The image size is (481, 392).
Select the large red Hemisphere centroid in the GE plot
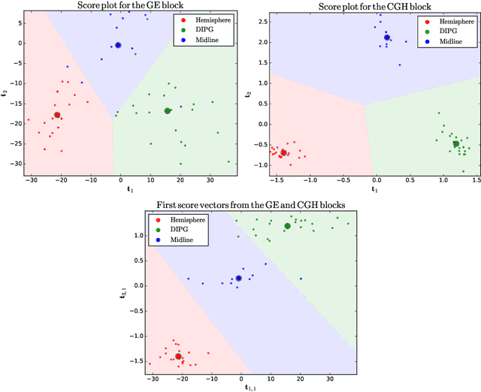[x=57, y=115]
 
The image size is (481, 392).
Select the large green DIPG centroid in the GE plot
[x=168, y=111]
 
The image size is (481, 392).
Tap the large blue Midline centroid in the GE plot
[x=118, y=45]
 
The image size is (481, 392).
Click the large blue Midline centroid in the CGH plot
[x=387, y=38]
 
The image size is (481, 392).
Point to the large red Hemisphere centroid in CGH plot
[x=283, y=152]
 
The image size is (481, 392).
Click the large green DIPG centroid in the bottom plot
[x=287, y=226]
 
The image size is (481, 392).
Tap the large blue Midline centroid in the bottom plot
[x=239, y=278]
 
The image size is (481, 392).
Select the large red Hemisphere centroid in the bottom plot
[x=178, y=357]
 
